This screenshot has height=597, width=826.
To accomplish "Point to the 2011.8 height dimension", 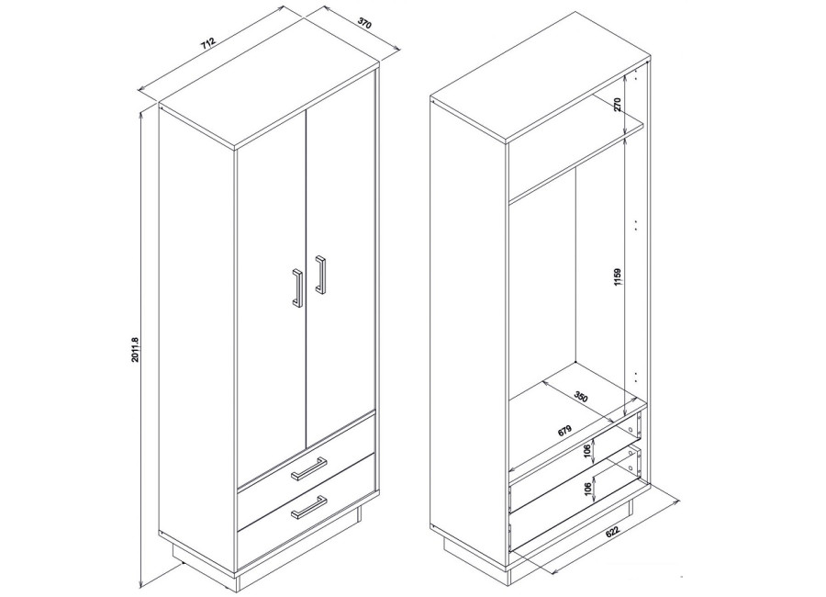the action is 135,350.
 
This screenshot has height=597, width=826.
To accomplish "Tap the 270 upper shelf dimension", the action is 618,104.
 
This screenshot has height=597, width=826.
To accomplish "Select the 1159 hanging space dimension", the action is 618,277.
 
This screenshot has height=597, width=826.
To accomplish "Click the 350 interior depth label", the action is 581,396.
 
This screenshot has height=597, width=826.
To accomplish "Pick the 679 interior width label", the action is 564,431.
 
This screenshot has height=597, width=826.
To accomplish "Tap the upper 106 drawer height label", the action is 587,452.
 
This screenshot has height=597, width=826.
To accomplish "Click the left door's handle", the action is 297,287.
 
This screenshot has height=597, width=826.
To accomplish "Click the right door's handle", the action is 320,275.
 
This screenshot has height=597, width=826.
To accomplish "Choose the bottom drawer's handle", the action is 308,506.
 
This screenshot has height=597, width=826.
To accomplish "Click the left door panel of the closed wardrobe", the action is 272,296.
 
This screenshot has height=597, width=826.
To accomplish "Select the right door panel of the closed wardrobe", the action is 340,258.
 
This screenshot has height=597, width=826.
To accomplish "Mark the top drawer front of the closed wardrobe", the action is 306,452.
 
